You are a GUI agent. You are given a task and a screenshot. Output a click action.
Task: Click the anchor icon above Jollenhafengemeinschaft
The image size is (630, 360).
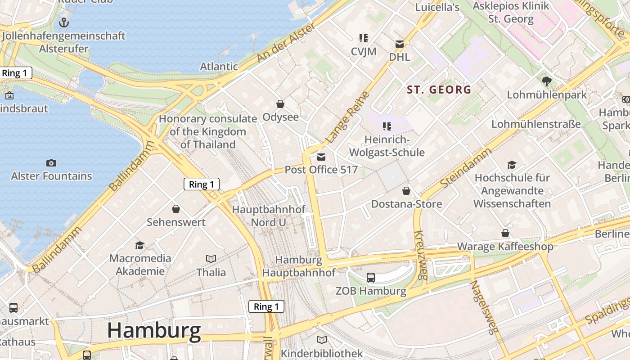click(64, 22)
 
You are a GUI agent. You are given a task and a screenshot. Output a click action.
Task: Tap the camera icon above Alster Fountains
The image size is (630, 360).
click(51, 163)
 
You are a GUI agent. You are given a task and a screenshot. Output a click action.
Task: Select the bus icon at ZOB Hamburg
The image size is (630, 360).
click(371, 278)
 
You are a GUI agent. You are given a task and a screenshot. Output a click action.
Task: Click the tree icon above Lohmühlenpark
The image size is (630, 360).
click(547, 81)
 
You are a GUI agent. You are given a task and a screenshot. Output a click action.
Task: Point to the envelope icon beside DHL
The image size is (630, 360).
click(400, 44)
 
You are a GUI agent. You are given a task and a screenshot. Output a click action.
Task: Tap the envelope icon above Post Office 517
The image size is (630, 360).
click(321, 157)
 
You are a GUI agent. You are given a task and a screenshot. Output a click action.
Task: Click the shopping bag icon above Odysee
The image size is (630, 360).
click(280, 104)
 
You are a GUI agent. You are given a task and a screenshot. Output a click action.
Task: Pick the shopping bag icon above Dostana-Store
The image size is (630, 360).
click(406, 191)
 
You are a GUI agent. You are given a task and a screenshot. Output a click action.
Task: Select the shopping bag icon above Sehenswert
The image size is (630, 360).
click(176, 209)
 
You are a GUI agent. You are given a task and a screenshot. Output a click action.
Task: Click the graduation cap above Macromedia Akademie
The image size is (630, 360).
click(140, 245)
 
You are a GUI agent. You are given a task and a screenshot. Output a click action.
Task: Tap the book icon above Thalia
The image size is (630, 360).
click(211, 259)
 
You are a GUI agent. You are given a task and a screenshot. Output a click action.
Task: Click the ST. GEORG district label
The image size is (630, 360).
click(439, 90)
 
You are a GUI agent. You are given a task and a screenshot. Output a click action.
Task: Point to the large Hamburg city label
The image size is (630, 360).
click(154, 331)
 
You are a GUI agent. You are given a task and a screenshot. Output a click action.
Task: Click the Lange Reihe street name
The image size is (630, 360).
click(347, 117)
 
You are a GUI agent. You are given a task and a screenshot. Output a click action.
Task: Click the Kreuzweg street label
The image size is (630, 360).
click(420, 255)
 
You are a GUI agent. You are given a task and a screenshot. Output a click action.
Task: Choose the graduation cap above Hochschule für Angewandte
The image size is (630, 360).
click(512, 165)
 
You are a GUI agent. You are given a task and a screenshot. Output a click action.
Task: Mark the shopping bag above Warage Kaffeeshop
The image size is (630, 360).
click(505, 233)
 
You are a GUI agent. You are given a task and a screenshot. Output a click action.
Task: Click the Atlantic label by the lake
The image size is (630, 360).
click(219, 67)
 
